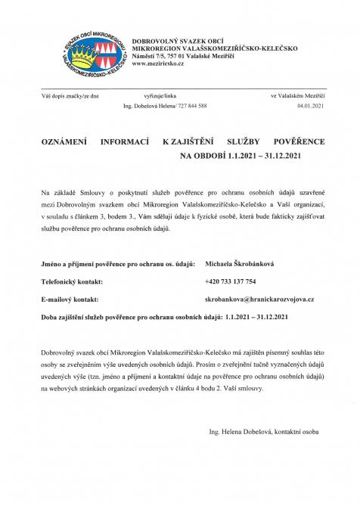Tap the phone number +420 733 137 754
tap(234, 282)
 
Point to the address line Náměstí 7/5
tap(182, 57)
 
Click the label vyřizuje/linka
tap(159, 98)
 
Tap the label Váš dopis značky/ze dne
tap(70, 98)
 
